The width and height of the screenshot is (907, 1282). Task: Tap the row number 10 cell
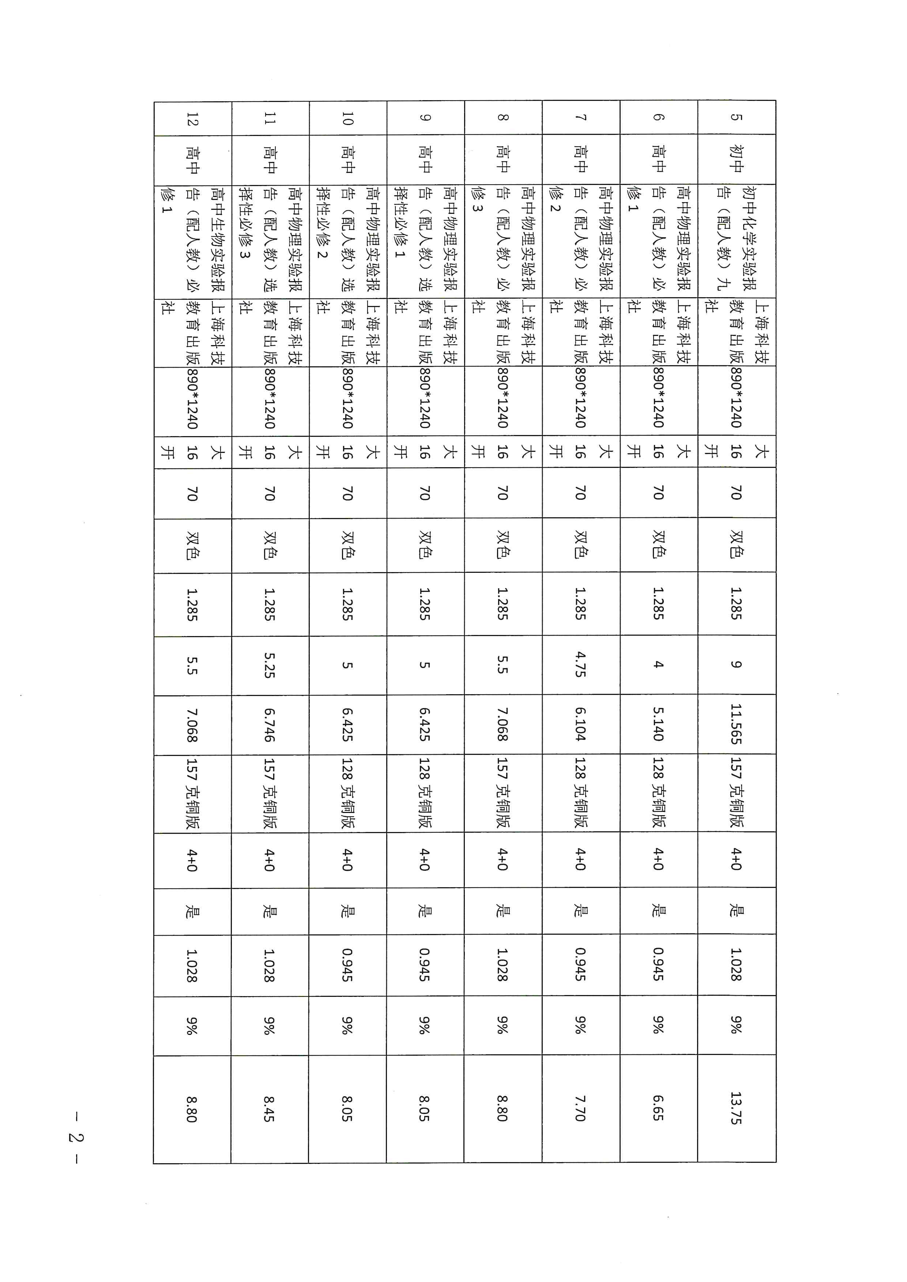[347, 118]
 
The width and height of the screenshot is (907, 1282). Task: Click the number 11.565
[736, 724]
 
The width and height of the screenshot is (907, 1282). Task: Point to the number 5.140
[658, 724]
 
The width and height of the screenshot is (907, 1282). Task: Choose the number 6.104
[581, 724]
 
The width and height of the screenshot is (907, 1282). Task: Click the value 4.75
[581, 665]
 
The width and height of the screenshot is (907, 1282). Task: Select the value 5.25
[270, 665]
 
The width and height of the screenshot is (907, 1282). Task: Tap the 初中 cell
[736, 159]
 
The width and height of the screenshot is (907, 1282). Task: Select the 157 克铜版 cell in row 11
[270, 793]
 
